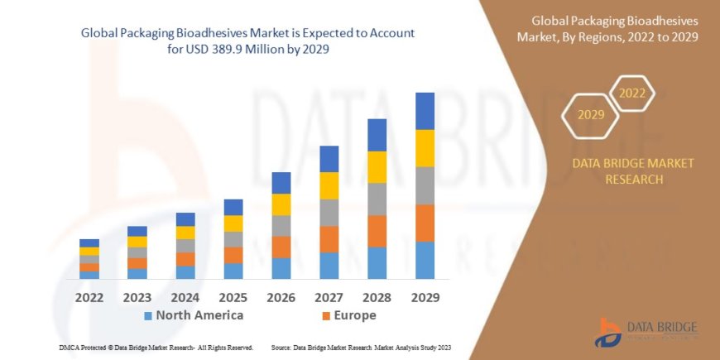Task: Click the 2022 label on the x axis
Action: (x=89, y=297)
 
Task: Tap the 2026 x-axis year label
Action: (x=281, y=297)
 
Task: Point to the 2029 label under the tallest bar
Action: (x=425, y=297)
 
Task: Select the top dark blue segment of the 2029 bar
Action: (x=425, y=111)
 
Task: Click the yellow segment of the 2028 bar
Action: (x=377, y=167)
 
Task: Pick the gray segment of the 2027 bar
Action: (x=329, y=213)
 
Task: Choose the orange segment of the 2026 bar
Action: (x=281, y=247)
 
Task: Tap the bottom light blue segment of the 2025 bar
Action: (x=233, y=271)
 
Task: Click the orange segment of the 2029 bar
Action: (x=425, y=223)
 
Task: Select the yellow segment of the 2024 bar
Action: (x=185, y=233)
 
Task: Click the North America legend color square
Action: (x=148, y=316)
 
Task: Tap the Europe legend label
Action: (x=355, y=315)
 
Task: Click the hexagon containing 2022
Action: (x=632, y=93)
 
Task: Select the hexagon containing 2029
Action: (x=591, y=114)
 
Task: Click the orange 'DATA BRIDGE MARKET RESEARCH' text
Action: (x=633, y=171)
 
